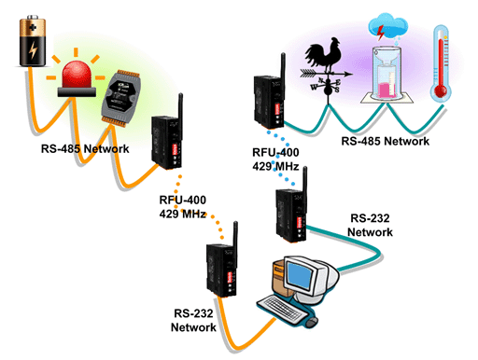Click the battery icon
click(33, 40)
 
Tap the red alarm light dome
click(77, 75)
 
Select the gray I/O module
click(120, 98)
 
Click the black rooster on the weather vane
click(324, 53)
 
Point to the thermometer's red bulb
click(441, 91)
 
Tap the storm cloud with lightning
click(388, 25)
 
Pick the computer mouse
click(312, 322)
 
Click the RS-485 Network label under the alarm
click(85, 148)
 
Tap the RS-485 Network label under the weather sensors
click(386, 141)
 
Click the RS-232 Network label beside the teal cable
click(370, 225)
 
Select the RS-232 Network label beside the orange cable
click(193, 320)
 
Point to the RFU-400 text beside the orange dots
click(183, 200)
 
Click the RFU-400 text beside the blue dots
click(275, 152)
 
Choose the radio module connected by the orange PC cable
click(222, 264)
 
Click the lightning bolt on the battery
click(33, 50)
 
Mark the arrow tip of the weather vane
click(353, 75)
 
